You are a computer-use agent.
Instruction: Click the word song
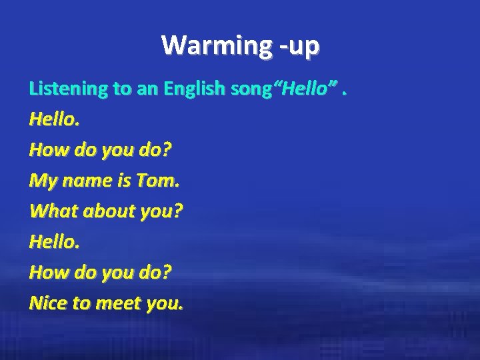pos(248,88)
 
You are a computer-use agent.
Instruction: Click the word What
pos(50,211)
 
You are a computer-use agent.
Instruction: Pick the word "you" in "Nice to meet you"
pos(163,305)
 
